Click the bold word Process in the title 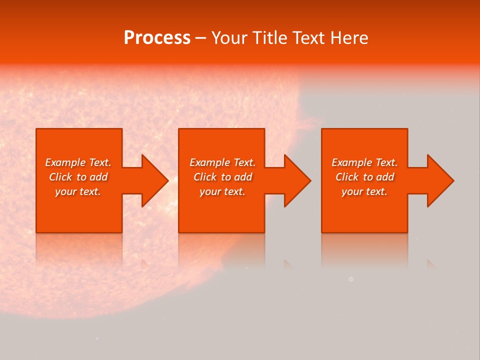(x=157, y=38)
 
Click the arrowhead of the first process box (x=152, y=180)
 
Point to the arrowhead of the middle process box (x=295, y=180)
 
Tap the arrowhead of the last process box (x=438, y=180)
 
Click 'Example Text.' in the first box (x=78, y=162)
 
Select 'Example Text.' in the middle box (x=222, y=162)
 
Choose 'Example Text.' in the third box (x=364, y=162)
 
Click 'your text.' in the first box (x=78, y=191)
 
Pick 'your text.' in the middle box (x=222, y=191)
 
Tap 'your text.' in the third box (x=364, y=191)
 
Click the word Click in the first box (x=61, y=177)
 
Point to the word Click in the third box (x=347, y=177)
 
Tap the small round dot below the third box (x=351, y=279)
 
